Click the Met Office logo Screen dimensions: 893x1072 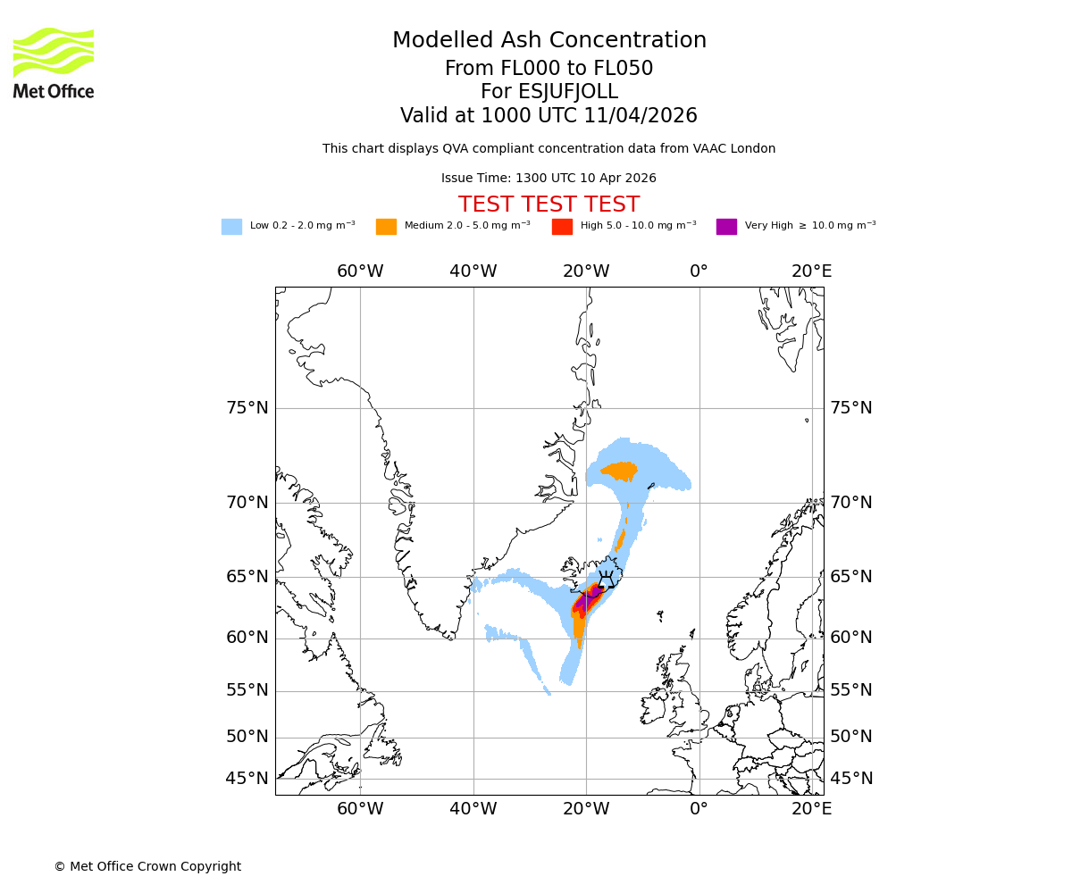tap(54, 63)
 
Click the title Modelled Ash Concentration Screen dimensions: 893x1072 tap(549, 41)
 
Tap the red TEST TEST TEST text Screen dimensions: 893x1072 tap(549, 204)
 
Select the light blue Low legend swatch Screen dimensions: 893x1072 tap(231, 227)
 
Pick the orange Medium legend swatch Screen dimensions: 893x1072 tap(386, 227)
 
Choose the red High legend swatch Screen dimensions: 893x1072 tap(562, 227)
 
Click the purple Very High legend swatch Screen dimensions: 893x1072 tap(726, 227)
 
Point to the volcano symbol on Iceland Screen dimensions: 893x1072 tap(607, 579)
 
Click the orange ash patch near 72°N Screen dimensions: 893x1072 tap(620, 471)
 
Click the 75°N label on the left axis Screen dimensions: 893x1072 tap(247, 408)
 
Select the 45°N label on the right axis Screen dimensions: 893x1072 tap(851, 779)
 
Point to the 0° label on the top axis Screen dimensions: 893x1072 tap(699, 271)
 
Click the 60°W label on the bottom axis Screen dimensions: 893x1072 tap(360, 809)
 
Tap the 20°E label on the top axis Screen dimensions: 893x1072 tap(811, 271)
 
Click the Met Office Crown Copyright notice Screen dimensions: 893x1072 tap(147, 866)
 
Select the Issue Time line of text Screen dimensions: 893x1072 tap(549, 179)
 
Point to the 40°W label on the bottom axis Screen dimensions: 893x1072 tap(473, 809)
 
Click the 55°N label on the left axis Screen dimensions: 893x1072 tap(247, 690)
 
